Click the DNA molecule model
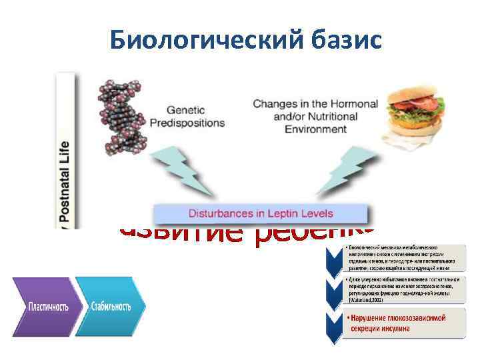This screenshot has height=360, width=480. click(123, 117)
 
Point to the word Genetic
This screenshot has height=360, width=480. click(185, 111)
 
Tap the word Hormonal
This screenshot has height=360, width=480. click(353, 105)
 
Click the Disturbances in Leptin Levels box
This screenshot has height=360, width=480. click(261, 214)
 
